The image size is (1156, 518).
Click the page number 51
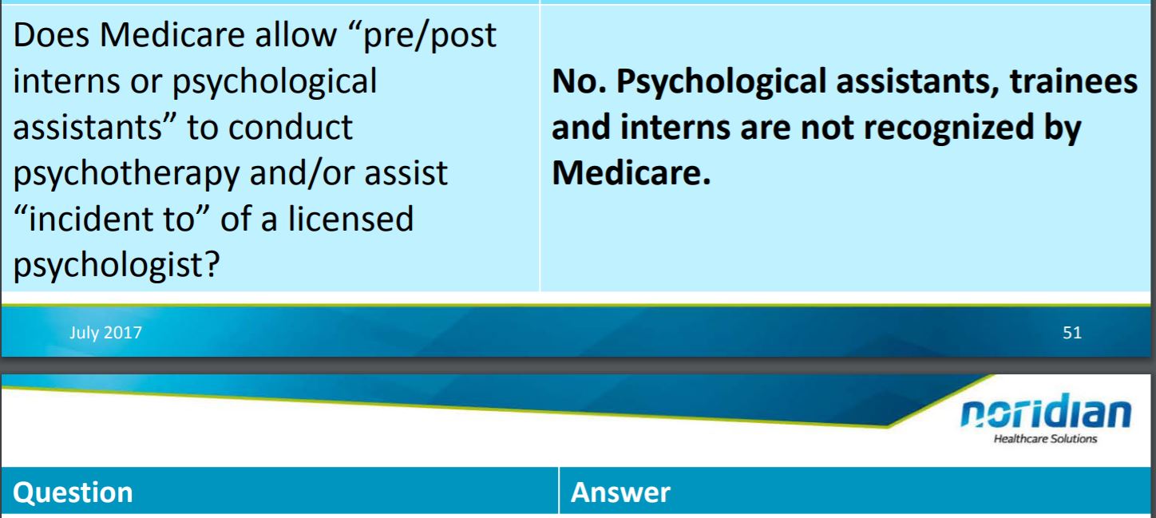(x=1072, y=332)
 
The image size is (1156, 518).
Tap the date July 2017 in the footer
(x=106, y=333)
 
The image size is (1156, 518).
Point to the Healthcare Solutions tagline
(x=1045, y=439)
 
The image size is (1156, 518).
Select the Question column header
(x=73, y=492)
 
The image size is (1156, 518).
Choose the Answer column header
(x=620, y=492)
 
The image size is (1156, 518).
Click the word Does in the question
(x=51, y=35)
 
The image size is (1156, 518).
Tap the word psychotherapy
(x=126, y=174)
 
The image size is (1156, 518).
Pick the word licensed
(x=351, y=219)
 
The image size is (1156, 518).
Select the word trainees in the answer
(x=1074, y=81)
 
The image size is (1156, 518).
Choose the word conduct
(x=290, y=128)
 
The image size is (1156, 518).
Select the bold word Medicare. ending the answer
(x=631, y=173)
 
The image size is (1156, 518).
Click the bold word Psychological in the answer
(x=723, y=82)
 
